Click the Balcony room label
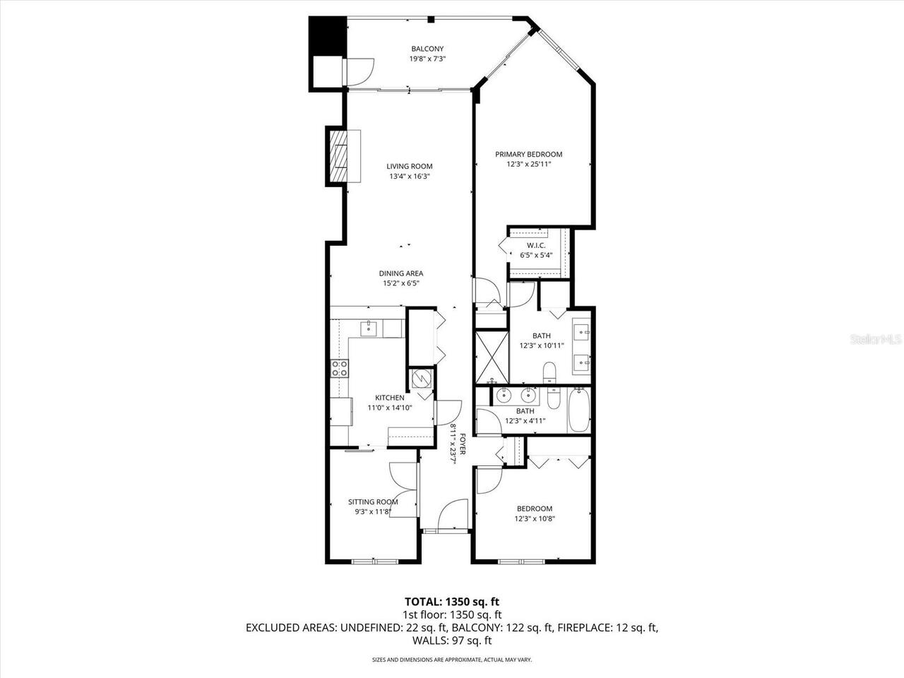click(x=427, y=49)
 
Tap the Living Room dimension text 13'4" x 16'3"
click(x=409, y=177)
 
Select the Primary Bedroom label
click(x=528, y=154)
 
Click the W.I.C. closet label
click(x=536, y=245)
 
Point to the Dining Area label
click(x=400, y=273)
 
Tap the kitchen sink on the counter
click(x=369, y=328)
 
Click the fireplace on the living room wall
click(x=342, y=157)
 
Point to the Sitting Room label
click(x=373, y=502)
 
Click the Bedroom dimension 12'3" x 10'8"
click(x=535, y=518)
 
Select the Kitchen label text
click(x=390, y=398)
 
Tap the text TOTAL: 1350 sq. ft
click(x=451, y=602)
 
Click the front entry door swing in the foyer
click(x=453, y=513)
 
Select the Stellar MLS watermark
click(x=876, y=340)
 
